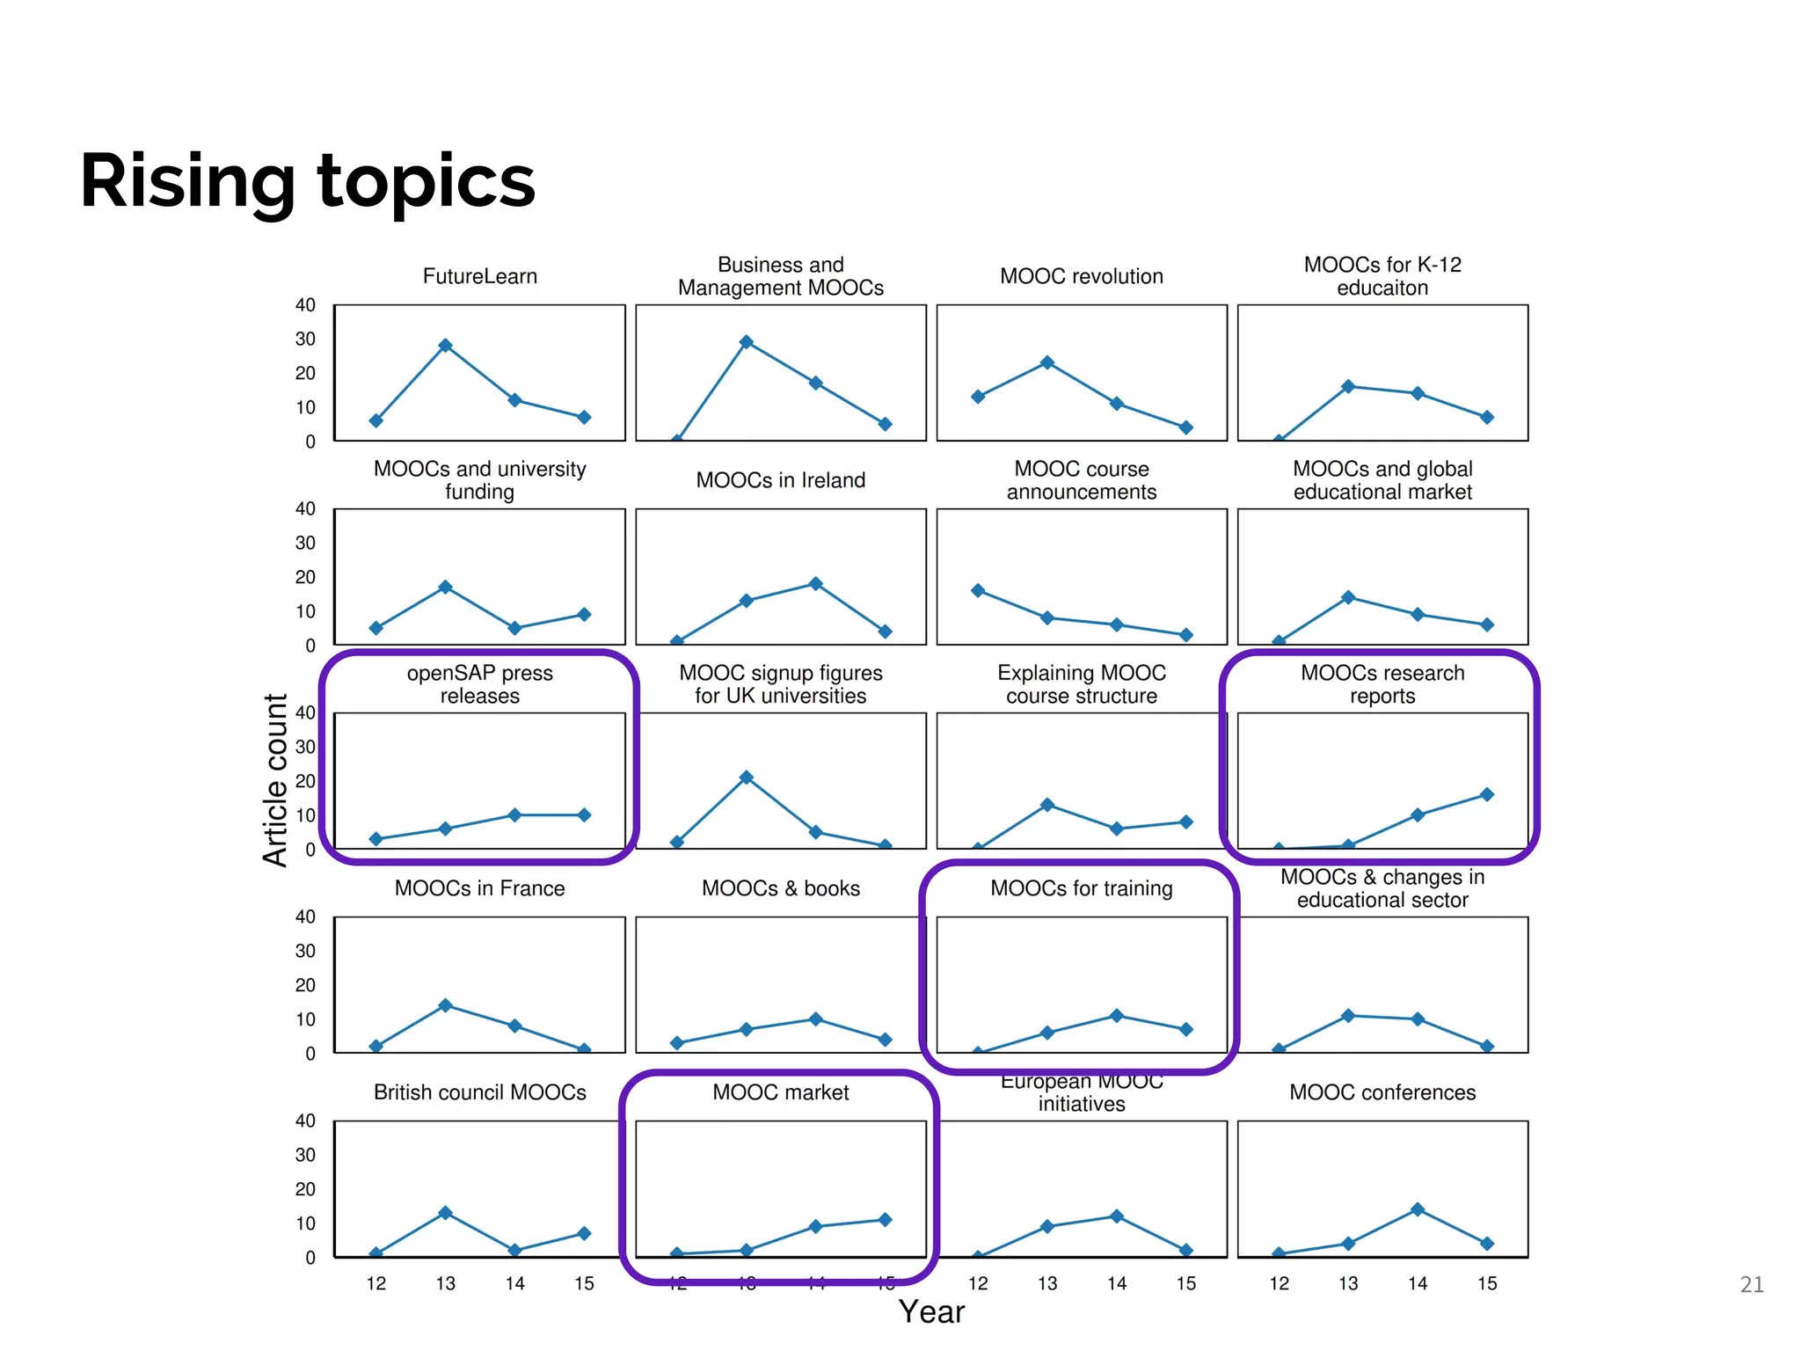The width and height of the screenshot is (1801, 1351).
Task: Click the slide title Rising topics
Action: coord(307,181)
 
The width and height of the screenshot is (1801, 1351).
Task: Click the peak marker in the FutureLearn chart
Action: coord(445,346)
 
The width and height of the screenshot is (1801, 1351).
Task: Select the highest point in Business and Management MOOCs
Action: coord(746,342)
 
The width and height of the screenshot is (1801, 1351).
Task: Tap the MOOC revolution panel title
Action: coord(1081,276)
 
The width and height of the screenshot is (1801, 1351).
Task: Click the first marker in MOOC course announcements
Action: coord(978,590)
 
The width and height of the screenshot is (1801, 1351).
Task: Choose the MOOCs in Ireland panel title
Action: coord(780,480)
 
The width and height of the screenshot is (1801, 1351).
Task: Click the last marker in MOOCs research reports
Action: coord(1486,794)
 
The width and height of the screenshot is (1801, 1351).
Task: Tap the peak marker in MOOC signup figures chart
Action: coord(746,778)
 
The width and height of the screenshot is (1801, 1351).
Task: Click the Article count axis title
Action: coord(275,780)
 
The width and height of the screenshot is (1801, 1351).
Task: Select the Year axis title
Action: coord(931,1311)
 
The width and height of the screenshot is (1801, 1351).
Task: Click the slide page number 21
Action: coord(1751,1285)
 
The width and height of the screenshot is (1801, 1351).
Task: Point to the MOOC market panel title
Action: coord(780,1092)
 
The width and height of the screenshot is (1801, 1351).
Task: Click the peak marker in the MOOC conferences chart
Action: coord(1417,1209)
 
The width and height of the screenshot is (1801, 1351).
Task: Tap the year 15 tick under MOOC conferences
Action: coord(1486,1283)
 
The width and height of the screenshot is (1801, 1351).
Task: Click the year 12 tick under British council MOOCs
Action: coord(376,1283)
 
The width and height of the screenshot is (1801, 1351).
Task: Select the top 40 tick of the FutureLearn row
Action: coord(305,305)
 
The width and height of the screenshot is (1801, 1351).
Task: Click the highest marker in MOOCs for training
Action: coord(1116,1016)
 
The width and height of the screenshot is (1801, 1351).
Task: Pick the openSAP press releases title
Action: coord(479,684)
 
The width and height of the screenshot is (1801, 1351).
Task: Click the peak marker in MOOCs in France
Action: coord(445,1005)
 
